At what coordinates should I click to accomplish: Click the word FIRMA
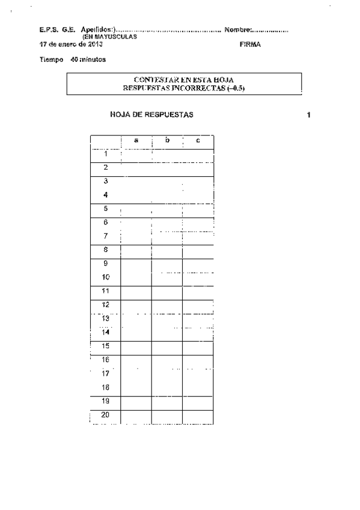point(249,45)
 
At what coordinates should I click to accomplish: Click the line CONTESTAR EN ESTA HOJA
point(183,79)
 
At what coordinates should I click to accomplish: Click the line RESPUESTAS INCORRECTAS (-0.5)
point(183,88)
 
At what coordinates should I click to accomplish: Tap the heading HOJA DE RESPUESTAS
point(151,114)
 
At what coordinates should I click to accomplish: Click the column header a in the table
point(136,141)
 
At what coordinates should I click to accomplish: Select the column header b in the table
point(168,141)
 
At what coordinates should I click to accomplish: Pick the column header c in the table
point(198,141)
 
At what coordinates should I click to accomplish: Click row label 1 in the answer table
point(105,153)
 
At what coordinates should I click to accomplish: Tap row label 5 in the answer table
point(105,209)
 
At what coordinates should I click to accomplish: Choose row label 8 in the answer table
point(105,249)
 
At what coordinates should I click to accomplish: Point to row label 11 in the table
point(105,290)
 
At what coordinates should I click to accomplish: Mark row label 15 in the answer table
point(105,345)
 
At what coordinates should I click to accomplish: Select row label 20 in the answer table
point(105,415)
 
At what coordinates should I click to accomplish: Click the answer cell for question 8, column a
point(136,252)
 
